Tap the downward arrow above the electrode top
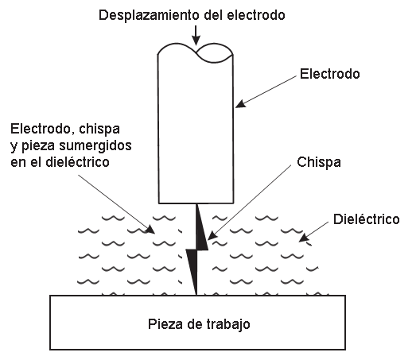(x=196, y=35)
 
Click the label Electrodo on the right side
(x=330, y=74)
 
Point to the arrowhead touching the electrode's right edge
(x=241, y=103)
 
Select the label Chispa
(x=319, y=162)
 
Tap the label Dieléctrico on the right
(x=367, y=219)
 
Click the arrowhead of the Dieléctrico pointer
(x=304, y=238)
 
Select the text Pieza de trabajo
(x=199, y=324)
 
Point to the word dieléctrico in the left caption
(x=77, y=162)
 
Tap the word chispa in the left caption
(x=99, y=129)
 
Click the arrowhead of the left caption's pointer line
(x=150, y=230)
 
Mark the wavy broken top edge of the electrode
(x=196, y=52)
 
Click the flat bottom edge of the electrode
(x=196, y=203)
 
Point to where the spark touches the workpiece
(x=196, y=295)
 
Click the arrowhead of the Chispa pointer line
(x=212, y=235)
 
